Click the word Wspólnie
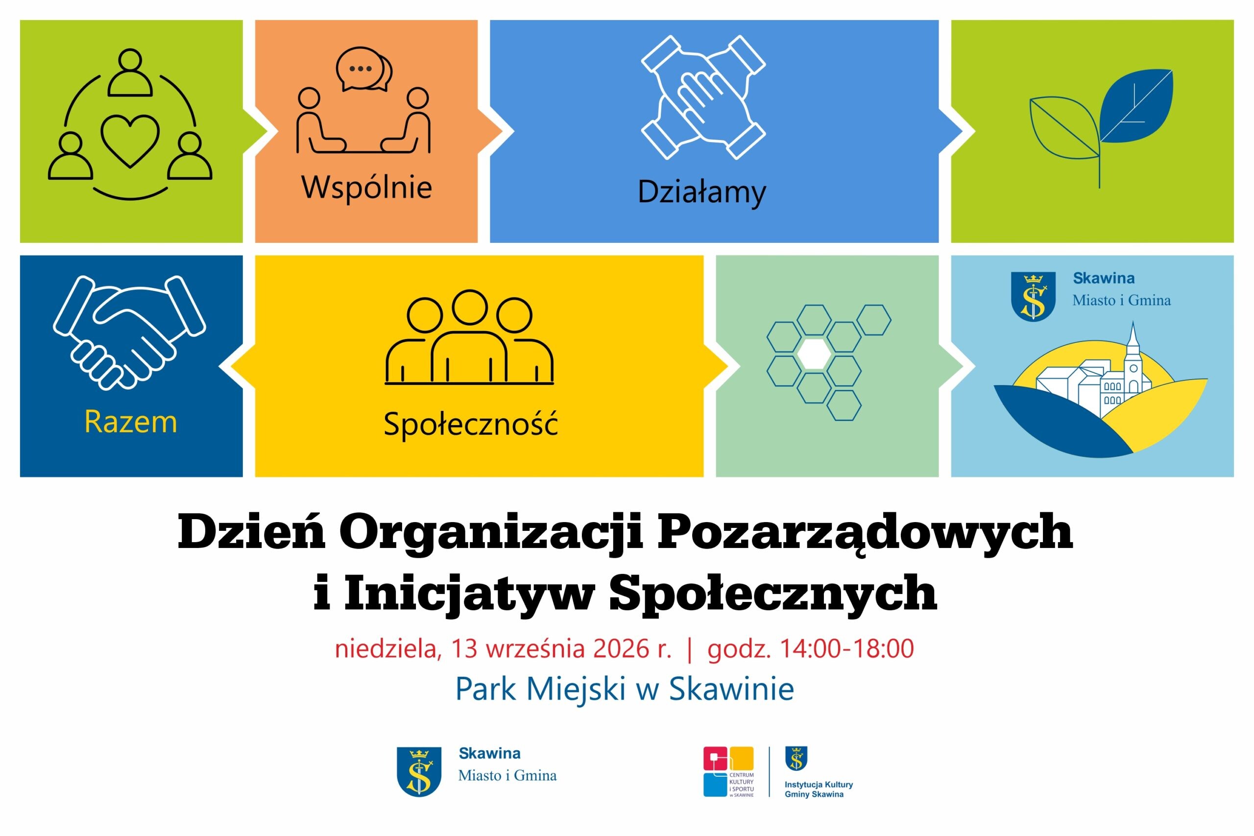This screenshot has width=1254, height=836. [x=367, y=188]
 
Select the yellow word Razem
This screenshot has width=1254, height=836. [x=131, y=422]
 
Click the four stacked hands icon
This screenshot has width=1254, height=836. [x=703, y=97]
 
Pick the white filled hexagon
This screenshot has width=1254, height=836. [x=814, y=354]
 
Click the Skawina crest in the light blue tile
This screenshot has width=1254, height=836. [x=1033, y=296]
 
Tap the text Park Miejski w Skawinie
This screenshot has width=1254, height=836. [x=625, y=689]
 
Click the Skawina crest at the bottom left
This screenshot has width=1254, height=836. [x=419, y=771]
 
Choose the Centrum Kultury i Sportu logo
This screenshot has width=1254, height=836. [x=728, y=771]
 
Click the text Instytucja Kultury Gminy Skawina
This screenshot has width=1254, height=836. [x=819, y=789]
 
